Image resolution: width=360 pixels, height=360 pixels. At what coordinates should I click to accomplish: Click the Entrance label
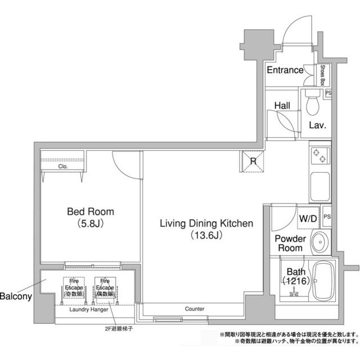285,70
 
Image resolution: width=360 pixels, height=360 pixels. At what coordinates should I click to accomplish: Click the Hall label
282,105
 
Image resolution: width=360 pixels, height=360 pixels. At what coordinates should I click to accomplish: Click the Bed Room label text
90,211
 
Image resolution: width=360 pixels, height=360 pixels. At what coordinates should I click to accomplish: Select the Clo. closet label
62,166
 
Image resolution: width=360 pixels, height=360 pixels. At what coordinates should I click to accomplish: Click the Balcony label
15,296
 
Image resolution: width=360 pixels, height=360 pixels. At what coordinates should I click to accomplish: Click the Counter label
195,309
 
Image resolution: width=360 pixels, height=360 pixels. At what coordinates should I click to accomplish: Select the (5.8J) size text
90,223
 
